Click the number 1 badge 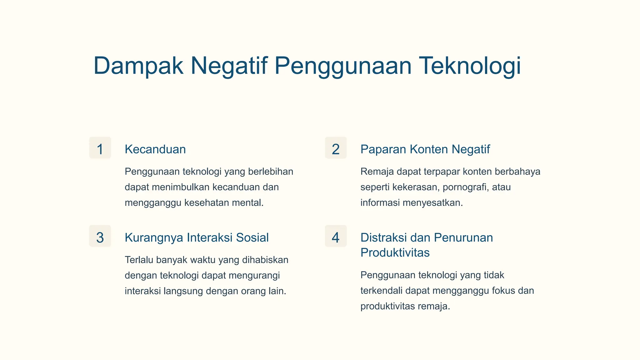click(x=100, y=148)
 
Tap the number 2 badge click(x=336, y=148)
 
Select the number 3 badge click(x=100, y=237)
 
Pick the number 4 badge click(x=336, y=237)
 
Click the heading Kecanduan click(x=155, y=149)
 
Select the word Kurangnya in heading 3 click(x=153, y=237)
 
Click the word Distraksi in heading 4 click(x=383, y=237)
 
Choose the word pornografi click(x=465, y=187)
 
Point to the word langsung click(x=185, y=291)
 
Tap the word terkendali click(x=381, y=291)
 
